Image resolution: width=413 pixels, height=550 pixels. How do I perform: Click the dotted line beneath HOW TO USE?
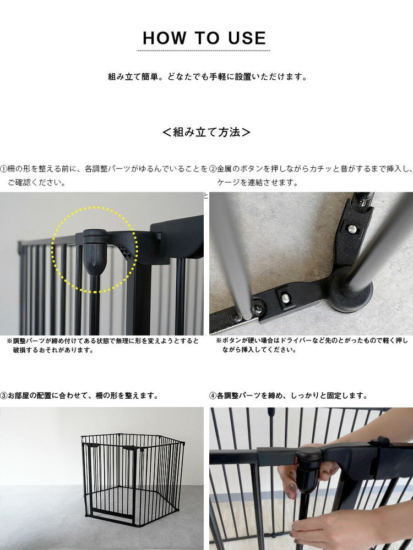coord(203,51)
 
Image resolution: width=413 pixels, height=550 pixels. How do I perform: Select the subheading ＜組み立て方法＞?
coord(206,132)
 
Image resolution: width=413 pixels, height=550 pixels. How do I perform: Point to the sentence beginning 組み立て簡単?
coord(207,77)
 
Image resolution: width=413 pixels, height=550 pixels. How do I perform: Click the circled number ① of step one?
coord(4,169)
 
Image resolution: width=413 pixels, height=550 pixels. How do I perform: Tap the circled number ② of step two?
coord(213,169)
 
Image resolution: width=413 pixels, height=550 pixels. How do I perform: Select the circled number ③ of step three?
coord(4,395)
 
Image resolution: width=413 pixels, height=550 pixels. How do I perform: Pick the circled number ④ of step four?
coord(213,395)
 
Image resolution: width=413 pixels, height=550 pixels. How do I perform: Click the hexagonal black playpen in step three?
coord(132,476)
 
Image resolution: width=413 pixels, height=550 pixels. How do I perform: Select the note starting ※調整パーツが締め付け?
coord(103,345)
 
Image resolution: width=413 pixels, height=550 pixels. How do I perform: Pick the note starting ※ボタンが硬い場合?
coord(312,345)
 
